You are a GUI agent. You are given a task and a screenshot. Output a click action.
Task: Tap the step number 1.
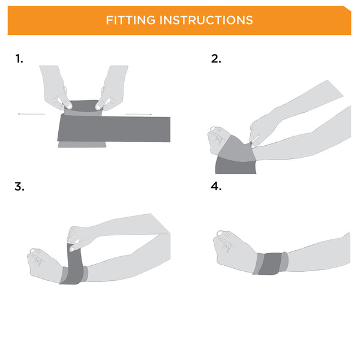tap(19, 58)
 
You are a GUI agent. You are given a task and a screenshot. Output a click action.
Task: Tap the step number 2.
tap(216, 58)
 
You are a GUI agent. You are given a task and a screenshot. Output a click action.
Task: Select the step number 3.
tap(19, 186)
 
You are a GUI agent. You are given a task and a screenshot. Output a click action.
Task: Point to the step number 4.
tap(216, 186)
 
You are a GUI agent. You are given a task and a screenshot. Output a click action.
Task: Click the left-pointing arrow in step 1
tap(31, 113)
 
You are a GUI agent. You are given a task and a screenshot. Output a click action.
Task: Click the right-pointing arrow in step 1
tap(138, 113)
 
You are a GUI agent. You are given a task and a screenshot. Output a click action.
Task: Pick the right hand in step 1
tap(112, 87)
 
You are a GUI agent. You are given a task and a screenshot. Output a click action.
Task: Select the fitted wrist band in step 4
tap(270, 263)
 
